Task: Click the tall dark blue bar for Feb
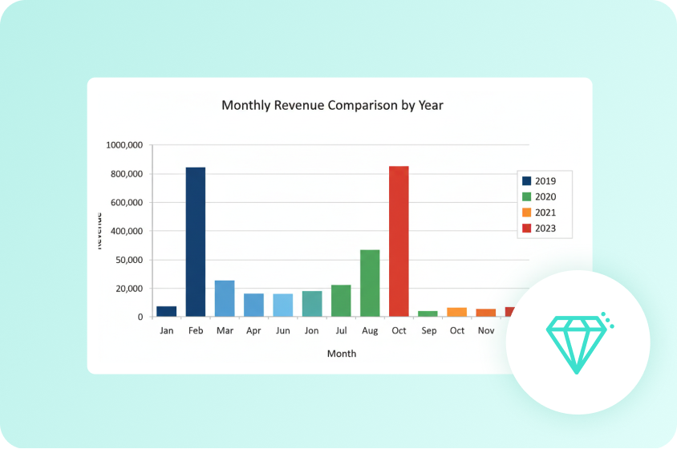coord(196,241)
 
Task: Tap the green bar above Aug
coord(370,283)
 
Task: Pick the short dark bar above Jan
coord(167,311)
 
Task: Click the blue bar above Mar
coord(225,298)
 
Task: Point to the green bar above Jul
coord(341,301)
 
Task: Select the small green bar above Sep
coord(428,313)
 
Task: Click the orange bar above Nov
coord(486,313)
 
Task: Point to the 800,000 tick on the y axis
coord(124,174)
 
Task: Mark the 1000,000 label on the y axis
coord(124,145)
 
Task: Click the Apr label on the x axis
coord(253,330)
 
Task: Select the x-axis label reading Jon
coord(311,330)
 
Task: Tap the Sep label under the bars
coord(428,330)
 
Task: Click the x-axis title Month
coord(341,353)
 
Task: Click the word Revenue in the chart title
coord(298,105)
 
